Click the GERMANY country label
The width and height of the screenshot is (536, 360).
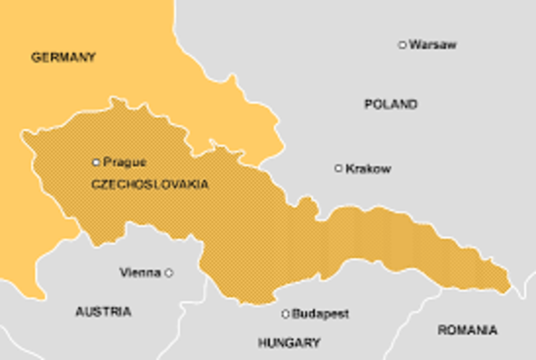63,58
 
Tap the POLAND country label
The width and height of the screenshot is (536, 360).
390,105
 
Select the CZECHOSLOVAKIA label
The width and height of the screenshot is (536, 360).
149,183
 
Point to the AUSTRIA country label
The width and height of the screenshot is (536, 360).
103,311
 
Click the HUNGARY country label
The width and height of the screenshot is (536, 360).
288,342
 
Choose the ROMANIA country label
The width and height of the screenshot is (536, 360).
466,330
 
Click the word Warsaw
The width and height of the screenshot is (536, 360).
433,44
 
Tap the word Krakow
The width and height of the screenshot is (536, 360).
368,168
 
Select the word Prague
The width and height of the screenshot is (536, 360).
125,162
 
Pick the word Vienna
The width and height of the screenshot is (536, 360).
140,272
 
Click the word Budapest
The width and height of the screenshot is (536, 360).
320,314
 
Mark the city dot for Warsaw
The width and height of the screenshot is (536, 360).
403,44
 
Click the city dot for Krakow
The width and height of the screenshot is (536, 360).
338,168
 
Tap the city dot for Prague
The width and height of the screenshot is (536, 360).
96,162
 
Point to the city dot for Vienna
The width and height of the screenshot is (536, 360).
168,272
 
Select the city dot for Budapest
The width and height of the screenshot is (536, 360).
286,314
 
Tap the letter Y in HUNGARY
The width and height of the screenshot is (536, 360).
315,342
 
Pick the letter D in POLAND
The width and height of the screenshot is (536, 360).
412,105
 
